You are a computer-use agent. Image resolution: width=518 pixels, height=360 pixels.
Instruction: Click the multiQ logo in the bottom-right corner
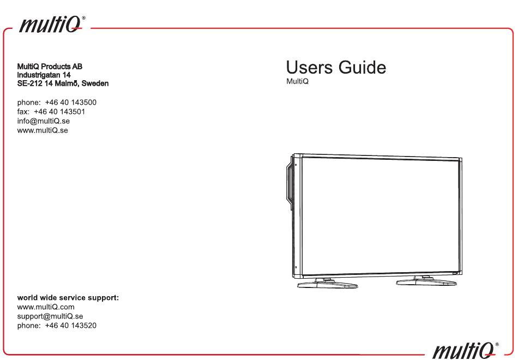pos(466,347)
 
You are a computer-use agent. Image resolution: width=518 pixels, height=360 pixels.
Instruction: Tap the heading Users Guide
pos(336,68)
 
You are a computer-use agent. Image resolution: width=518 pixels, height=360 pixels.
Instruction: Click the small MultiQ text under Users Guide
pos(297,82)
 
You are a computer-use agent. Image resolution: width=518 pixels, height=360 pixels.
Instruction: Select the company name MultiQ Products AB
pos(50,67)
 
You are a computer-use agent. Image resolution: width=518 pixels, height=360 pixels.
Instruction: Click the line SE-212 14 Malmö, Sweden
pos(63,83)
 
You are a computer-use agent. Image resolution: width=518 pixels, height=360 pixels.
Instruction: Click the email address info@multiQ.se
pos(44,121)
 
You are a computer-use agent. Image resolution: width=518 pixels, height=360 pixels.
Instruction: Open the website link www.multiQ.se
pos(43,130)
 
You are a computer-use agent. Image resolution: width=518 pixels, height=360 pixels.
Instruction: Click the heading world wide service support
pos(68,298)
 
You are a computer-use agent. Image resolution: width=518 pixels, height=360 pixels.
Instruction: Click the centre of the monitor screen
pos(380,214)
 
